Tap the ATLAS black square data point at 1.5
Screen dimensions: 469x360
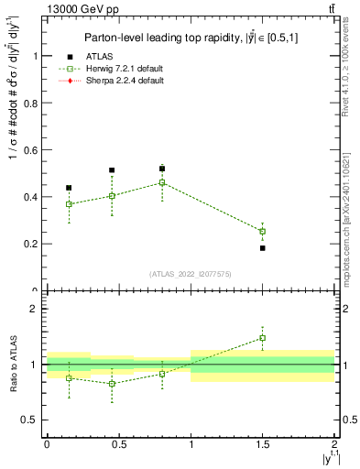click(262, 248)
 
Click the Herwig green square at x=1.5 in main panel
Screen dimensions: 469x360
click(262, 231)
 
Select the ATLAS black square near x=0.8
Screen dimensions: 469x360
click(161, 169)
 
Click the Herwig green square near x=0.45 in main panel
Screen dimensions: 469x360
click(112, 196)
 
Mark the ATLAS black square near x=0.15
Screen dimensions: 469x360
click(69, 188)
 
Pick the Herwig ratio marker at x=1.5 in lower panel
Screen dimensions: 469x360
click(262, 338)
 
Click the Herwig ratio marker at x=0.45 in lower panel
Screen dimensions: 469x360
click(112, 384)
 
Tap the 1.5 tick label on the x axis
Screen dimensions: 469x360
click(262, 443)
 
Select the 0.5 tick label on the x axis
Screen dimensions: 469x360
click(118, 443)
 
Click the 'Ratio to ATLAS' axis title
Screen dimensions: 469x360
click(11, 364)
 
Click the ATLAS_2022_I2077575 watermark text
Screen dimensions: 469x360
click(190, 274)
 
